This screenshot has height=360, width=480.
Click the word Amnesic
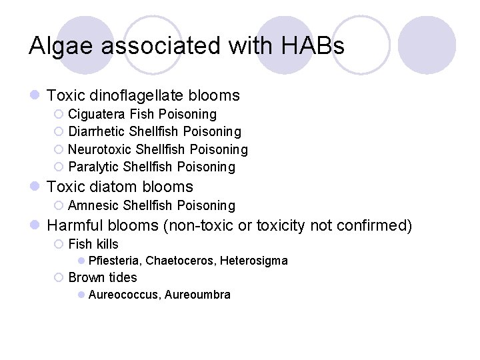coord(94,205)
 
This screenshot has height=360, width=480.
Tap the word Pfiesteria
coord(114,261)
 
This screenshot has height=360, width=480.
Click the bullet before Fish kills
coord(59,245)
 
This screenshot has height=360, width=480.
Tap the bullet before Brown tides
coord(59,278)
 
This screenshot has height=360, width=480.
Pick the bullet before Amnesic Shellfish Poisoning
coord(59,206)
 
